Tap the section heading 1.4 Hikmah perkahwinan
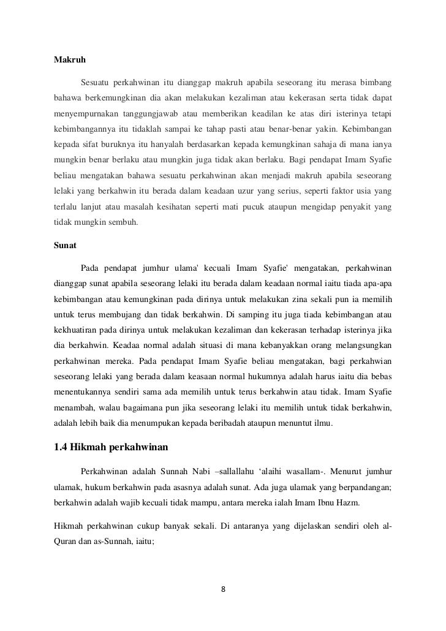(110, 445)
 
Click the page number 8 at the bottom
(224, 590)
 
